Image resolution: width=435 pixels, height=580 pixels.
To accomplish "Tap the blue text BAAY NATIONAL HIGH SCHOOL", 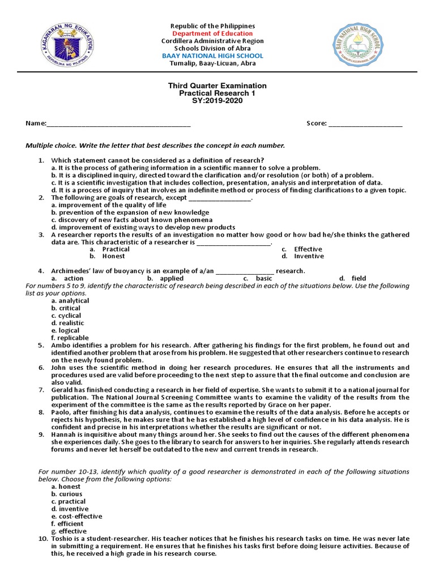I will [x=212, y=56].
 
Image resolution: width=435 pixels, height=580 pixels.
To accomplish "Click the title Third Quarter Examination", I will [x=217, y=86].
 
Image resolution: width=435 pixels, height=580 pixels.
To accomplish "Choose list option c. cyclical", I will [x=66, y=315].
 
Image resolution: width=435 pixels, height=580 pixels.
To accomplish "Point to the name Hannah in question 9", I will [x=63, y=434].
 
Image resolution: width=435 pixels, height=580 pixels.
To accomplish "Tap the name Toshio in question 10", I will [x=63, y=539].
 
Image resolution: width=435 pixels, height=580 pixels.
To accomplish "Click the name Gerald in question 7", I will [x=63, y=390].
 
